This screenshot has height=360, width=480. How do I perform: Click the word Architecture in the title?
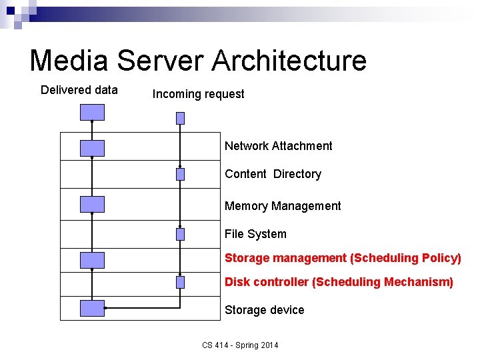coord(289,60)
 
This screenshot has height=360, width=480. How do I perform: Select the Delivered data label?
coord(79,90)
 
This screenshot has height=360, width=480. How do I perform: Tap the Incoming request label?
coord(198,94)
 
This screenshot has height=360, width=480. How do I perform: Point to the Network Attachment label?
coord(278,146)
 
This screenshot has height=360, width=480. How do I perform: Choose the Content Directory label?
coord(273,174)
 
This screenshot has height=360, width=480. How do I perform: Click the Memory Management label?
coord(283,206)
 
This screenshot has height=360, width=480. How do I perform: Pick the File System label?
coord(255,234)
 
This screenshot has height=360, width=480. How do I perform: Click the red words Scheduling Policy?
coord(406,258)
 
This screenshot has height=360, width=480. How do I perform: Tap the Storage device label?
coord(264,310)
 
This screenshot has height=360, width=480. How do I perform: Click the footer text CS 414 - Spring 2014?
coord(240,345)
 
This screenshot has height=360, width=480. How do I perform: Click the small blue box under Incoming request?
coord(180,118)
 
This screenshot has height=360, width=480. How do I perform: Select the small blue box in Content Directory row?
coord(180,175)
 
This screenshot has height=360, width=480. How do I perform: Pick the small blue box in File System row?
coord(180,234)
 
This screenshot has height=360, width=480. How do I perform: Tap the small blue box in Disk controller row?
coord(180,282)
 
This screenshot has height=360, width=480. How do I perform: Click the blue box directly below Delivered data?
coord(92,112)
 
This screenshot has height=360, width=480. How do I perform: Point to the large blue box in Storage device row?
coord(92,308)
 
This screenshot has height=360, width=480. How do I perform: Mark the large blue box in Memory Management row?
coord(92,204)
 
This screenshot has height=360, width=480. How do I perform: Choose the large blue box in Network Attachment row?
coord(92,148)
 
